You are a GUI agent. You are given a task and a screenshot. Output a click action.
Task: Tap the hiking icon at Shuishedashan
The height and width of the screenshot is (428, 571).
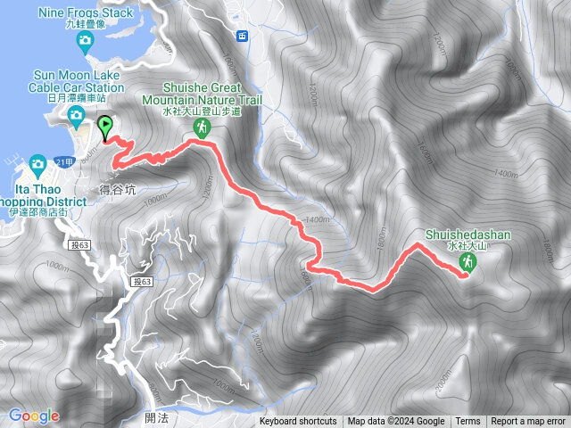coord(468,261)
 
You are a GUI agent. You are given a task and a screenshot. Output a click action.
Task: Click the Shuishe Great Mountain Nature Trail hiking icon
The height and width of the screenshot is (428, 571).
coord(203,130)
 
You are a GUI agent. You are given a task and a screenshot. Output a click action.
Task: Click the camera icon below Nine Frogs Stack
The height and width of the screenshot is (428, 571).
coord(85,41)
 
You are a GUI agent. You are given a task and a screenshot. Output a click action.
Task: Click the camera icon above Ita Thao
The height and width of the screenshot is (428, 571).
coord(37,163)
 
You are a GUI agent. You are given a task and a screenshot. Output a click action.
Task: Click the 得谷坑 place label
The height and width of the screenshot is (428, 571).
coord(119,189)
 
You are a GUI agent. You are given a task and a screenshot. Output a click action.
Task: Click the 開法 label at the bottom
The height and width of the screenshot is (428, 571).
coord(154,417)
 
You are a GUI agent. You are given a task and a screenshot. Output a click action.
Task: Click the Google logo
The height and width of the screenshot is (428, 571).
coord(34,416)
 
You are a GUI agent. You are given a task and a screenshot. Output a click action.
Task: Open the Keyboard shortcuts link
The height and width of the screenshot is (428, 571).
coord(298,422)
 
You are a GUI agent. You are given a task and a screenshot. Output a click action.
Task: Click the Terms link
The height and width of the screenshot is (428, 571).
coord(468,422)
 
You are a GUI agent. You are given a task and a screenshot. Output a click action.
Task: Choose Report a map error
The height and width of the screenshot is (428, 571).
coord(528,422)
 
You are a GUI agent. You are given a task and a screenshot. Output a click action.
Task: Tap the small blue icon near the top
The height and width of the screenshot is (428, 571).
coord(242,36)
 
